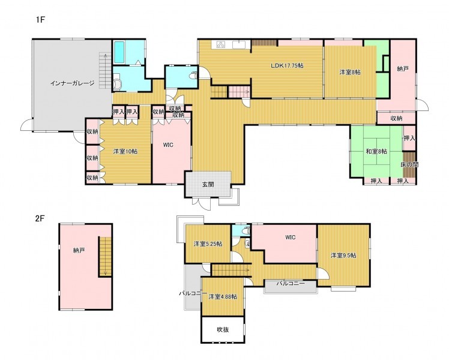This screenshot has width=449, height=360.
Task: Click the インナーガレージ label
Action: [72, 83]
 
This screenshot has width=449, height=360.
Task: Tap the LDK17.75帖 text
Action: [287, 65]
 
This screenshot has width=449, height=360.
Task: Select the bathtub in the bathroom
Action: [119, 52]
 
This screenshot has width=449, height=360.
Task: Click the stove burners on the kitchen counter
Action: [221, 44]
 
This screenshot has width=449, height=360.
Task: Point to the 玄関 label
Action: [208, 185]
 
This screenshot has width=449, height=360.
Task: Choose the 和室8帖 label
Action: [376, 151]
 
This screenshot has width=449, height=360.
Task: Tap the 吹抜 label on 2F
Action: [223, 329]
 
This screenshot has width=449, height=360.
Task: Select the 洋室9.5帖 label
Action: [343, 255]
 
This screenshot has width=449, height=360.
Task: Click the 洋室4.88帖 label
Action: [223, 297]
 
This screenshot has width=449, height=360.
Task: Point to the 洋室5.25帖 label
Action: [208, 244]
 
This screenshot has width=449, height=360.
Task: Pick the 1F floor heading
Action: [41, 20]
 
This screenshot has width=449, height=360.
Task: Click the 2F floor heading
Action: [40, 218]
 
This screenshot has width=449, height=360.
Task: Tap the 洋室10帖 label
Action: [125, 151]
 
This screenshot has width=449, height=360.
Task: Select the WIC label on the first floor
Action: [168, 145]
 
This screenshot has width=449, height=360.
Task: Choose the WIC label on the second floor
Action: [291, 237]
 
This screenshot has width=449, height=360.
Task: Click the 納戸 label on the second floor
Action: [79, 251]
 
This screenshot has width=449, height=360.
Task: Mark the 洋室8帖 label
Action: [350, 72]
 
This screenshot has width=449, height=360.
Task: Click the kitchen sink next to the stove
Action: [238, 44]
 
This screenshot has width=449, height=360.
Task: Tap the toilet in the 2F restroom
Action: [246, 230]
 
